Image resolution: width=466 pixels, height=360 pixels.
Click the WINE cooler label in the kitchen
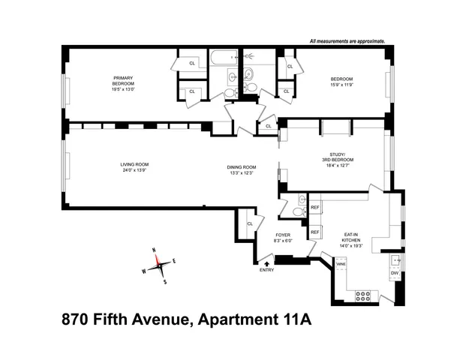[x=340, y=265]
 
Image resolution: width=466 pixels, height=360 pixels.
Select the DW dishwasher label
[x=394, y=273]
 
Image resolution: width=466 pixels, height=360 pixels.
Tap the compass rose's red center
[x=158, y=262]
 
